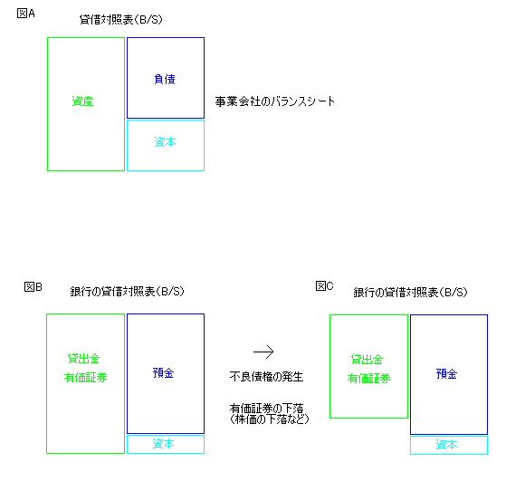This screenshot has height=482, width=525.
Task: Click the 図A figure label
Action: tap(25, 14)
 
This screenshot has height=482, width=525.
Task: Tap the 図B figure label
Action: tap(33, 287)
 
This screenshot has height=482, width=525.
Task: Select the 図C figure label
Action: tap(324, 286)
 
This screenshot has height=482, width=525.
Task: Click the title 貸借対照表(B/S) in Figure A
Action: tap(121, 19)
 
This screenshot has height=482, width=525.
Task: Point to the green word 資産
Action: tap(82, 101)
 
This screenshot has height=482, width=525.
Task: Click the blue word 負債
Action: tap(165, 80)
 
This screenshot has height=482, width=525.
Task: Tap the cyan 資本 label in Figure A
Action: tap(165, 142)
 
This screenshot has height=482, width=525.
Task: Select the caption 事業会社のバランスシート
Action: tap(275, 101)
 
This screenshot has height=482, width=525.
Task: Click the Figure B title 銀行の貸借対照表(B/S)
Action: tap(128, 291)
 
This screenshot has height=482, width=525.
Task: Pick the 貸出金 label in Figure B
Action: tap(83, 359)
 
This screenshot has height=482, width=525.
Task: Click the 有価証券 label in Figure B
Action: tap(85, 378)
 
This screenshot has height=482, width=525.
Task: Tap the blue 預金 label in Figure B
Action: tap(164, 373)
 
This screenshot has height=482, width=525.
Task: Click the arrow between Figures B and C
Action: tap(263, 352)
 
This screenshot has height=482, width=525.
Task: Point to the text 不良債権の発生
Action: tap(266, 377)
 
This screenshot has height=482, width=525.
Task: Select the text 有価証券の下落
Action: tap(266, 408)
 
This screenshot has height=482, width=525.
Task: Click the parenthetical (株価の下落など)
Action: tap(269, 419)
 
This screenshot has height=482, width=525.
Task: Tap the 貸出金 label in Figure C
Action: tap(367, 360)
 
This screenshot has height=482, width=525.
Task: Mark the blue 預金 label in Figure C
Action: tap(446, 374)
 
